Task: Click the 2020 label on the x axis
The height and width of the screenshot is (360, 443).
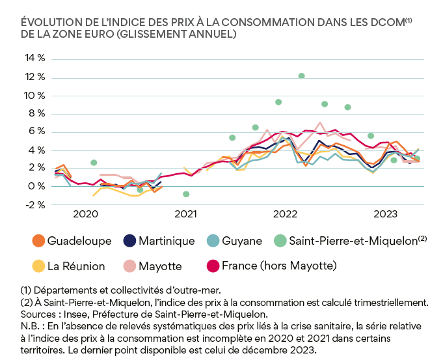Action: click(85, 214)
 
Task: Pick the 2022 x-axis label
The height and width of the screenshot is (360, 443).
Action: click(286, 214)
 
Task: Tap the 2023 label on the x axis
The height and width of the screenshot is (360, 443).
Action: click(386, 214)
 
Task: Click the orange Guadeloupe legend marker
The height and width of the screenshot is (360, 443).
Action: click(38, 241)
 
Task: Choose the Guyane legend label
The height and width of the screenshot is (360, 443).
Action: click(242, 241)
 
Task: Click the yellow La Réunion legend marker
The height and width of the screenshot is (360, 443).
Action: click(38, 266)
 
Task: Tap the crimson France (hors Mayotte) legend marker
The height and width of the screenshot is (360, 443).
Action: click(212, 266)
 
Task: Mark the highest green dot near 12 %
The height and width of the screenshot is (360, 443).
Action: click(301, 76)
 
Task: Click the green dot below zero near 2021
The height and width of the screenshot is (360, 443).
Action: click(186, 194)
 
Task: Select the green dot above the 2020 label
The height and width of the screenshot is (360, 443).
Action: click(94, 163)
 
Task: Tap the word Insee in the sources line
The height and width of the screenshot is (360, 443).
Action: click(75, 313)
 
